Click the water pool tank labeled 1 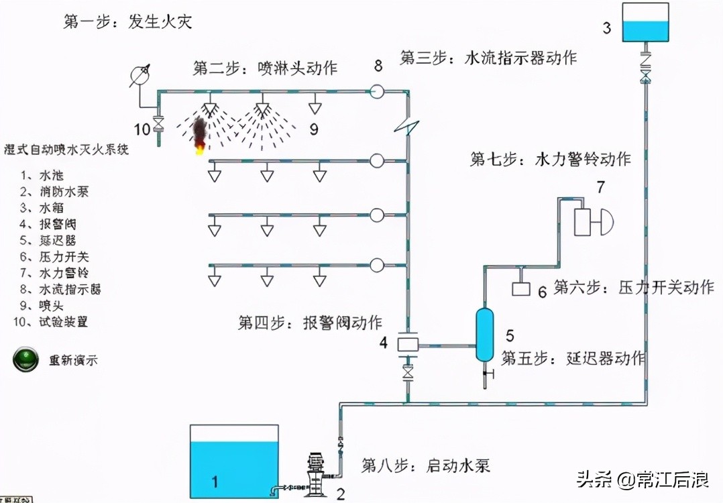pos(234,462)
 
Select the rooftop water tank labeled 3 pos(645,24)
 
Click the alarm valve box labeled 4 pos(407,343)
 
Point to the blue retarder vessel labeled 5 pos(484,333)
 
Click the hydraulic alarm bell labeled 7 pos(592,221)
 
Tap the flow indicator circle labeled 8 pos(378,91)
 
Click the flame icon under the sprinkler pos(199,135)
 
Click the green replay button pos(26,359)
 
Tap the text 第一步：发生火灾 pos(127,21)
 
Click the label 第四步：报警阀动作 pos(310,322)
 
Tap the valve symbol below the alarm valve pos(407,373)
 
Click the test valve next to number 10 pos(159,123)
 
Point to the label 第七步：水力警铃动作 pos(550,160)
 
